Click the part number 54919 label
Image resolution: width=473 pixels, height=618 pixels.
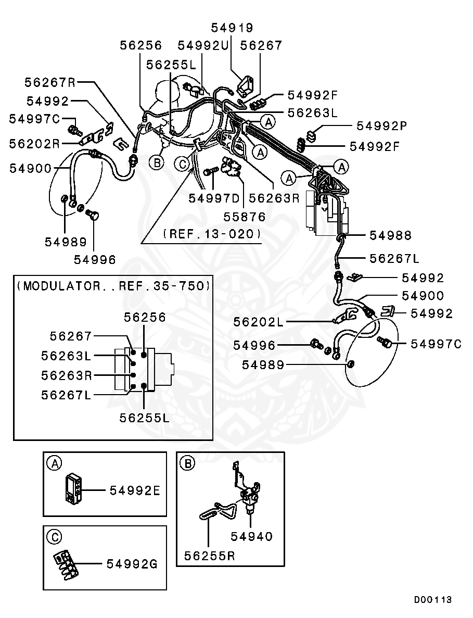tap(232, 28)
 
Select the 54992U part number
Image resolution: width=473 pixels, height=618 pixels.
tap(203, 46)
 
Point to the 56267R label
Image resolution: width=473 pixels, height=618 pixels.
tap(50, 82)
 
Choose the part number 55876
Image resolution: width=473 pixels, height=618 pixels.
tap(245, 216)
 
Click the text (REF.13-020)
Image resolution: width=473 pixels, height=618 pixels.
tap(212, 234)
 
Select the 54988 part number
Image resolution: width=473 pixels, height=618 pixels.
tap(390, 236)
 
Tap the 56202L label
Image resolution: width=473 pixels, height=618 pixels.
tap(259, 322)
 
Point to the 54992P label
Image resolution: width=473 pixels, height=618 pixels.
tap(381, 125)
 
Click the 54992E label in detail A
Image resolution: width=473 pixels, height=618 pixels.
tap(134, 490)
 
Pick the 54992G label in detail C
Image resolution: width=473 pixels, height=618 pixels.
tap(132, 563)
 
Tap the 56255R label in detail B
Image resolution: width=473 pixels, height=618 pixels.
tap(210, 556)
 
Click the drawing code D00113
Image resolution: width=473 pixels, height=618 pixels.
tap(433, 600)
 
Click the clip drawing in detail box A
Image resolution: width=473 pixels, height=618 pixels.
tap(72, 488)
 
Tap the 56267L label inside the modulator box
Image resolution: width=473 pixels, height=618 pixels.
tap(66, 395)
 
